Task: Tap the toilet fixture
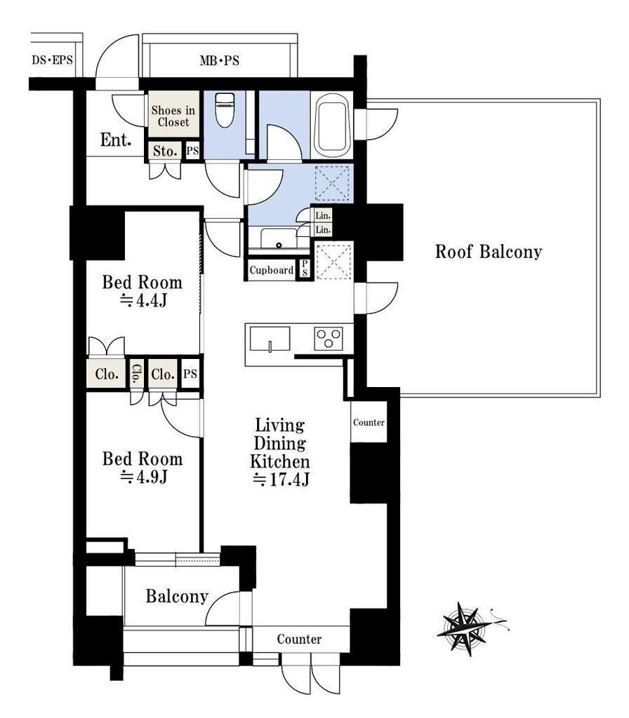[x=225, y=110]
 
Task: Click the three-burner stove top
[x=329, y=339]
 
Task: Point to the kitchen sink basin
[x=270, y=339]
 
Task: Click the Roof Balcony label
[x=489, y=252]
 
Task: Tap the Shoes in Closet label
[x=173, y=116]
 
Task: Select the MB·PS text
[x=219, y=60]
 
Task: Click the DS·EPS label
[x=52, y=60]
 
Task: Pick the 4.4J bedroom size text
[x=143, y=300]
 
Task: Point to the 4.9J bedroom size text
[x=143, y=477]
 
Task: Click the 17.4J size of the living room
[x=281, y=480]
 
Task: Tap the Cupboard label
[x=272, y=270]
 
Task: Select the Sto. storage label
[x=165, y=151]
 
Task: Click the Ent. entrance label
[x=116, y=140]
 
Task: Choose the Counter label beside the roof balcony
[x=369, y=422]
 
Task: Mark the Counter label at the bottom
[x=299, y=639]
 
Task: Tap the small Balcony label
[x=177, y=596]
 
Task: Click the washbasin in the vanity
[x=279, y=238]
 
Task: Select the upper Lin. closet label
[x=323, y=215]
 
